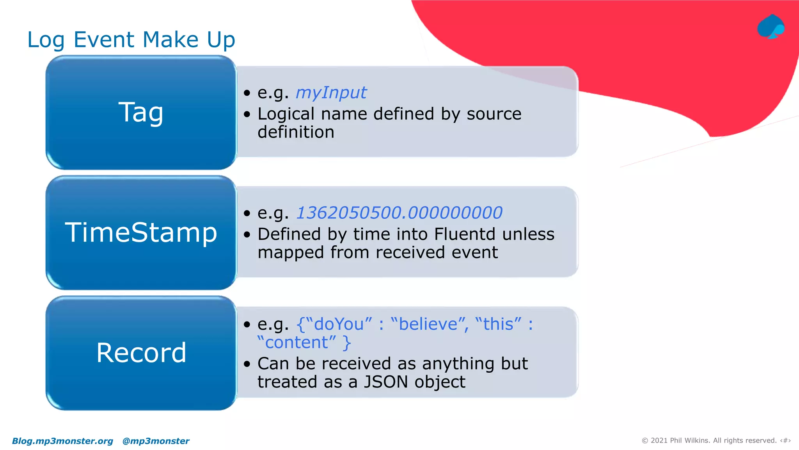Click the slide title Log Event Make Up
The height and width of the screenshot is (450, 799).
(x=131, y=40)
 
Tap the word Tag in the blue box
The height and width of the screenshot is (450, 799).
(x=141, y=112)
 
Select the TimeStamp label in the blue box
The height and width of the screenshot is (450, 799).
(x=141, y=232)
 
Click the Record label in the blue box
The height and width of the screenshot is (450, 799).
(x=141, y=353)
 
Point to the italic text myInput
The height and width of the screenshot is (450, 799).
(x=331, y=93)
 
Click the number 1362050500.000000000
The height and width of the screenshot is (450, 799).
(x=399, y=213)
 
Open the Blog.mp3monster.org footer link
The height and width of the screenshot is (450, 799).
(x=62, y=441)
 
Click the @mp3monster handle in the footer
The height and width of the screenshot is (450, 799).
(x=156, y=441)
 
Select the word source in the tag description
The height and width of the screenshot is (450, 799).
(x=494, y=114)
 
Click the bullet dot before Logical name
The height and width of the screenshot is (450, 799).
(x=247, y=114)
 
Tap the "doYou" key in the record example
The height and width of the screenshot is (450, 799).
(x=339, y=324)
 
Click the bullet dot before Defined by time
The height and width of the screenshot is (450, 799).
(x=247, y=235)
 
